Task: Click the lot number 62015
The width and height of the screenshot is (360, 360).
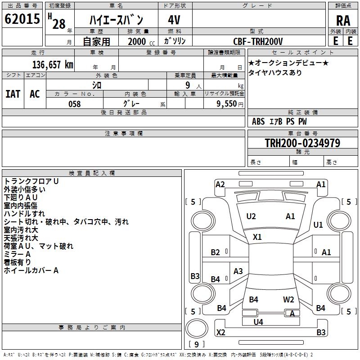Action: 22,19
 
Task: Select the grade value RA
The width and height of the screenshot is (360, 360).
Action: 343,21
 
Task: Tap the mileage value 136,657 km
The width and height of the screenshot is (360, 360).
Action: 53,65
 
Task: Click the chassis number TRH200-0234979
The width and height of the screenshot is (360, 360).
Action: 302,143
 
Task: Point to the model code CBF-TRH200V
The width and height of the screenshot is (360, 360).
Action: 258,41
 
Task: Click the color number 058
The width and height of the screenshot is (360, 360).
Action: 75,104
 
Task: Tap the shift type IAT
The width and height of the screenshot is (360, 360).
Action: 13,94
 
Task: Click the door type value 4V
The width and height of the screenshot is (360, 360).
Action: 174,20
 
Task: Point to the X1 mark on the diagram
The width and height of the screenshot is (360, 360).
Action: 257,237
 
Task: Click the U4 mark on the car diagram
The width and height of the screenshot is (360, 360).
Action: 258,322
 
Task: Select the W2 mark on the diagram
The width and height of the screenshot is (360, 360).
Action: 288,300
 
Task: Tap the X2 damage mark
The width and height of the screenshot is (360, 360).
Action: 220,333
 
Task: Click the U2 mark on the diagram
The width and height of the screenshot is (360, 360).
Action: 251,216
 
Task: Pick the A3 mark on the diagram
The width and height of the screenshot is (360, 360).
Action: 238,271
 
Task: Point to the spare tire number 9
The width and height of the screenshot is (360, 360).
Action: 197,344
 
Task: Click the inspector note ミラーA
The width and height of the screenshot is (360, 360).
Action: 17,254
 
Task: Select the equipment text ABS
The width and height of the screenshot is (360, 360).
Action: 258,121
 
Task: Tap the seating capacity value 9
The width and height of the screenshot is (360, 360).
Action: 188,85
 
